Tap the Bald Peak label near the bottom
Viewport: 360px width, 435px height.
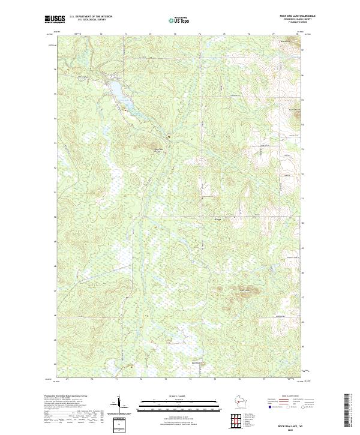194,362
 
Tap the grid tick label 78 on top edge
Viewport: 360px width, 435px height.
297,34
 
